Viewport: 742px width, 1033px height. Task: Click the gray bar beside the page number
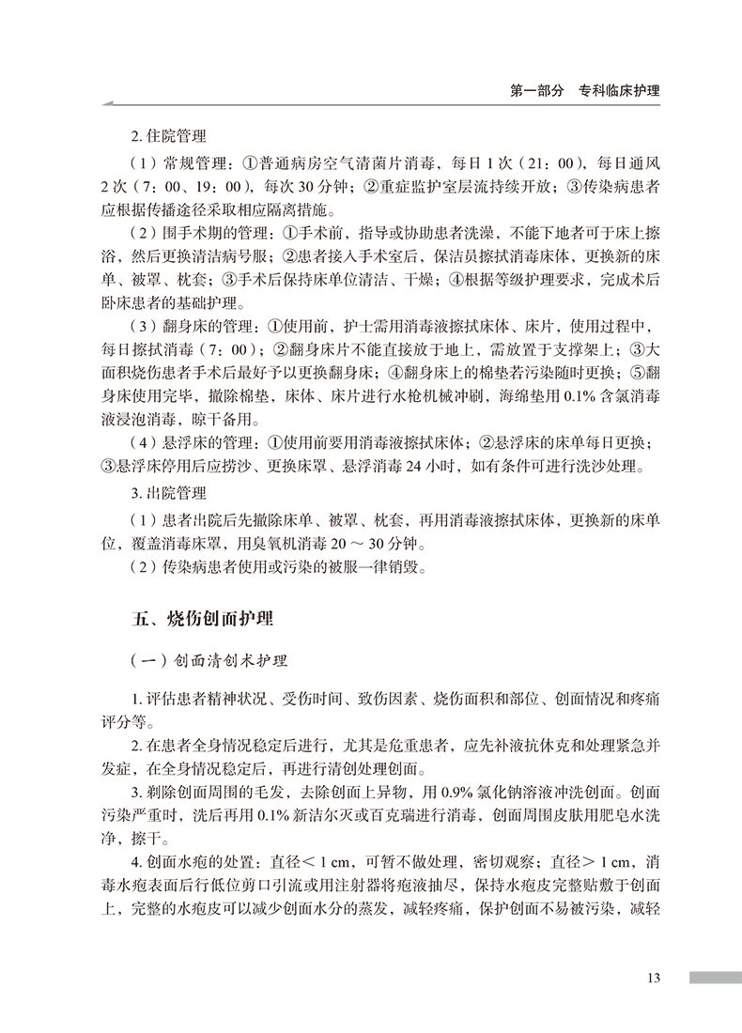pos(715,978)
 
